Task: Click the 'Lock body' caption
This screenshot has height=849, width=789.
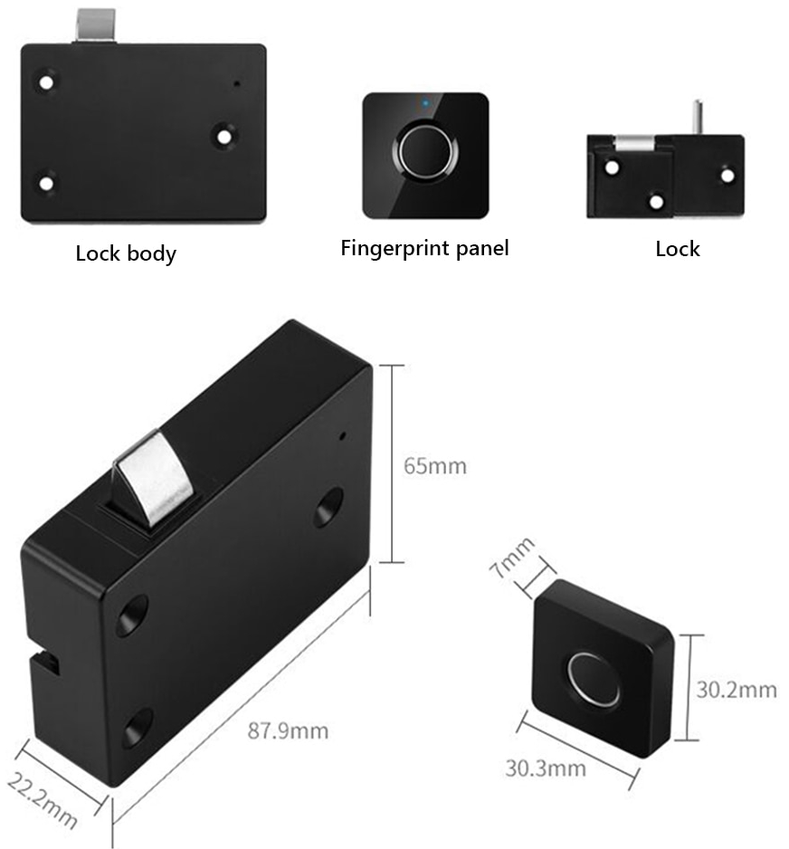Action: (126, 253)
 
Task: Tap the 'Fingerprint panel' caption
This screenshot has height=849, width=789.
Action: (424, 248)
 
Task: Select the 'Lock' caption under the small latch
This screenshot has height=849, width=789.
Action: (678, 248)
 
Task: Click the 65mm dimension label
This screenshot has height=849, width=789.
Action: (435, 466)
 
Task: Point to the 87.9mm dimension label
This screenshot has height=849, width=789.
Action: (288, 730)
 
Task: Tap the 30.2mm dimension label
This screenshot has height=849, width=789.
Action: (736, 690)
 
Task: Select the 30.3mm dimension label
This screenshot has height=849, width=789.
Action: (545, 768)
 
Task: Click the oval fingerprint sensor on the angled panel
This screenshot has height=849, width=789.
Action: (594, 679)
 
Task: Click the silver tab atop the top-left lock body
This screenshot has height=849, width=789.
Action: (95, 26)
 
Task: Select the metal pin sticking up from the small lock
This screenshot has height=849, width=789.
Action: (698, 118)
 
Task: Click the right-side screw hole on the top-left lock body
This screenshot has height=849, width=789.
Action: (223, 137)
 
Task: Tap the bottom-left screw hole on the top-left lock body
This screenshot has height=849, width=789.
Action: (45, 184)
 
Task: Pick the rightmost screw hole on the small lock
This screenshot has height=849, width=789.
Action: (726, 175)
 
